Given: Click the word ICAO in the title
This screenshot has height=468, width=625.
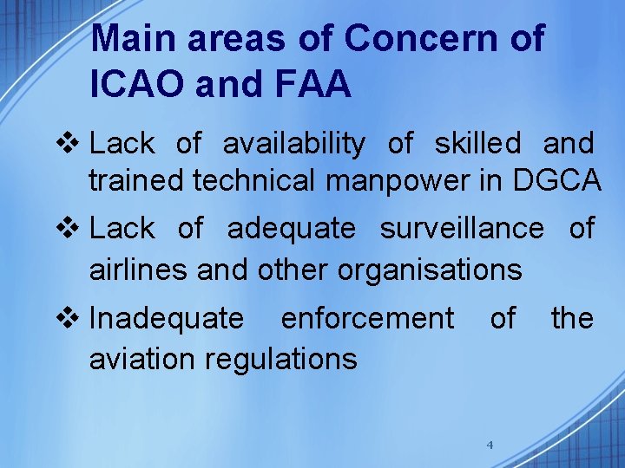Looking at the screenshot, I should pos(136,84).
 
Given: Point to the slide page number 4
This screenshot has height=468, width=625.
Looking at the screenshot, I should pos(490,445).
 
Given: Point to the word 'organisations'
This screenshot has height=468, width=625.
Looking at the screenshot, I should pos(430,270).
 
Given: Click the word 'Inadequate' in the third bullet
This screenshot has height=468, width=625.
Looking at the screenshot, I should pos(167,319).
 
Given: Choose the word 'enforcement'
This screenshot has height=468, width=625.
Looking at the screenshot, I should pos(366,319).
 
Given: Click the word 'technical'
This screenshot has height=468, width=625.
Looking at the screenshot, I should pos(258,180).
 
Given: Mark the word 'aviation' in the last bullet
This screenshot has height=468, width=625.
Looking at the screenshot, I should pos(139,358).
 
